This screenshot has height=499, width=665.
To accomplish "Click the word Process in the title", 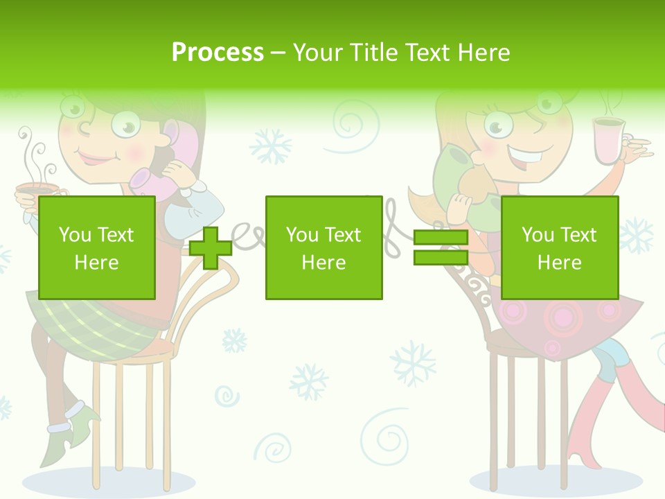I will point(218,52).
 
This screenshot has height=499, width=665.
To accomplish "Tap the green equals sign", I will point(441,247).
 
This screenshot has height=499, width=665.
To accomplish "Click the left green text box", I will point(96,248).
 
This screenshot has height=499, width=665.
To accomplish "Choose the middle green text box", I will point(323,248).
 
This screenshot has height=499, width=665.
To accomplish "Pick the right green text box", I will point(559,248).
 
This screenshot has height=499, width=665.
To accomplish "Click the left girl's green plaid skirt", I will point(97,322).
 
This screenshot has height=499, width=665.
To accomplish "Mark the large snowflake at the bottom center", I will point(413,362).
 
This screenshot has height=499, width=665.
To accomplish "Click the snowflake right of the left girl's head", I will point(271,147).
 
